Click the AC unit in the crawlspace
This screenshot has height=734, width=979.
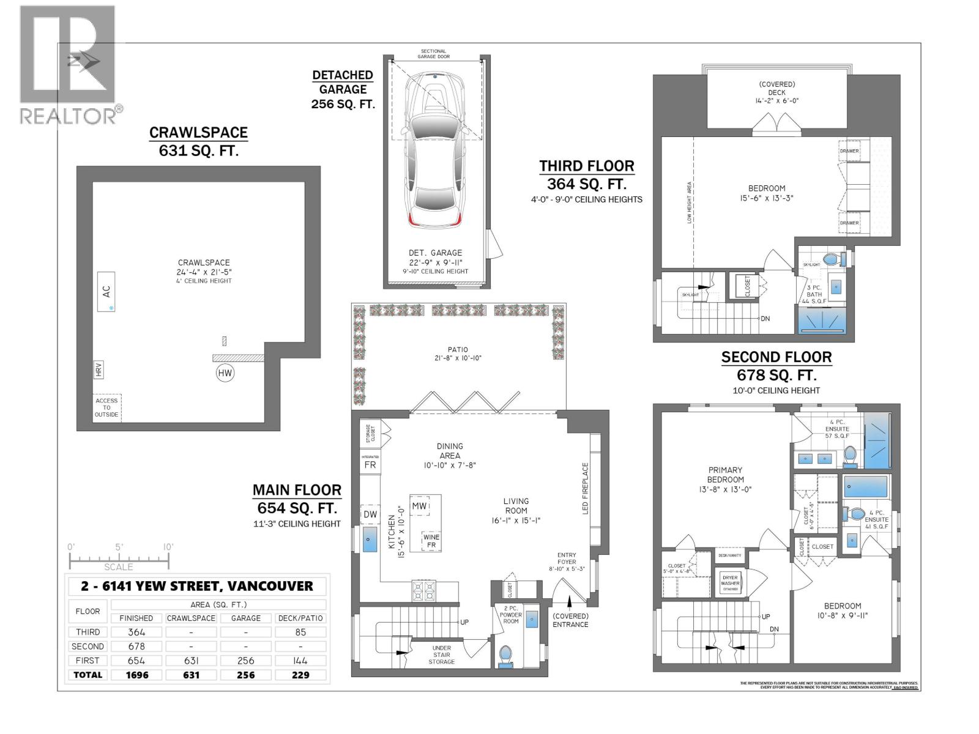tap(106, 292)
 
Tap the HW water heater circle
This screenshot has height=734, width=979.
tap(225, 373)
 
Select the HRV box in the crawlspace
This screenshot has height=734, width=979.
tap(99, 369)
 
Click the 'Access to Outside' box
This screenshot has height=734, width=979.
tap(106, 407)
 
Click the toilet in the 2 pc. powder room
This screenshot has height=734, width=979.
tap(505, 655)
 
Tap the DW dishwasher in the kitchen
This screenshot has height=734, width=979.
tap(370, 514)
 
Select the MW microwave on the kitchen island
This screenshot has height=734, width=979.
tap(419, 506)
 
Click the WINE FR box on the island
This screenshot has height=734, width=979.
tap(431, 541)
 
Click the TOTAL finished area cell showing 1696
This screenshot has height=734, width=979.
tap(136, 675)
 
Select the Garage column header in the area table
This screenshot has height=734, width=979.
tap(245, 618)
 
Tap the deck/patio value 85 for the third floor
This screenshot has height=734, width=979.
tap(300, 632)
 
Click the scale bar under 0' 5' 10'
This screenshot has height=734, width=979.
tap(118, 558)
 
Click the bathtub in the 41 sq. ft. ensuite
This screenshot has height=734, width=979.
tap(865, 487)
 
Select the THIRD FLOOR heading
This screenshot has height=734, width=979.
tap(586, 166)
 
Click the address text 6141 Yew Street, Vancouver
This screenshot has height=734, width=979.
tap(197, 585)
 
